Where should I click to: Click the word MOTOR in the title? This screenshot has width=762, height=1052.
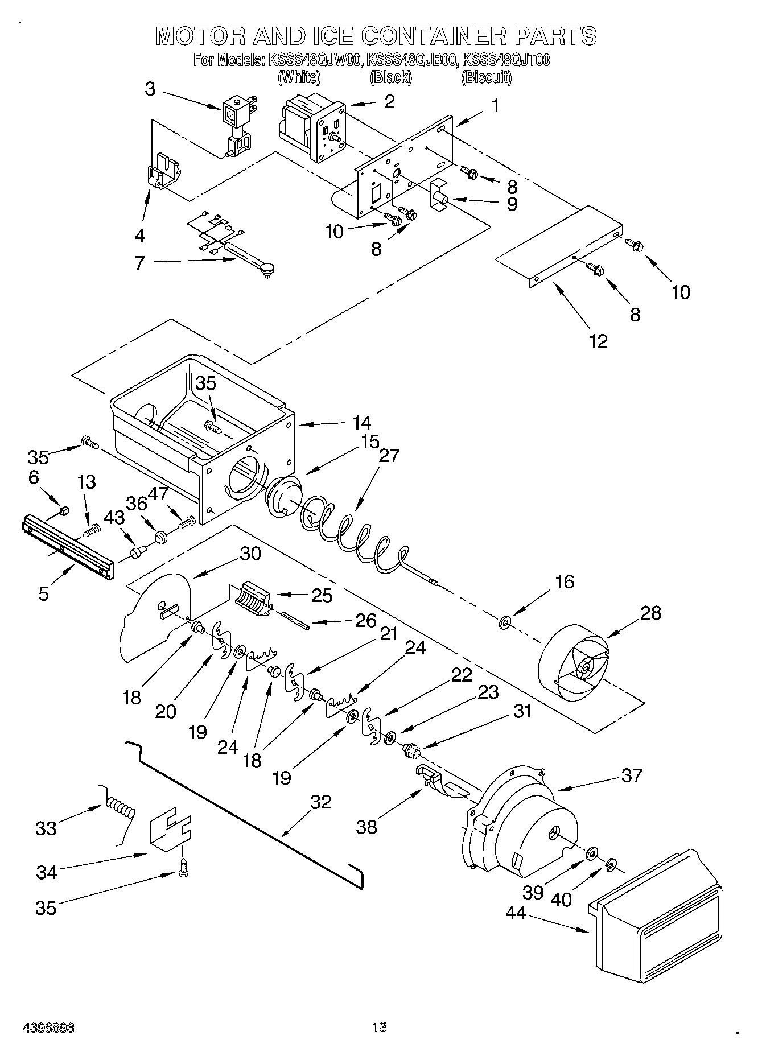pos(200,36)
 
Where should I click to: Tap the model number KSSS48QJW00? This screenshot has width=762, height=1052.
pos(314,60)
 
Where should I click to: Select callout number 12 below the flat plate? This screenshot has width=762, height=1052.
pos(598,341)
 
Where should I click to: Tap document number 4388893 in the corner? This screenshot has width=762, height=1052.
pos(49,1028)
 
